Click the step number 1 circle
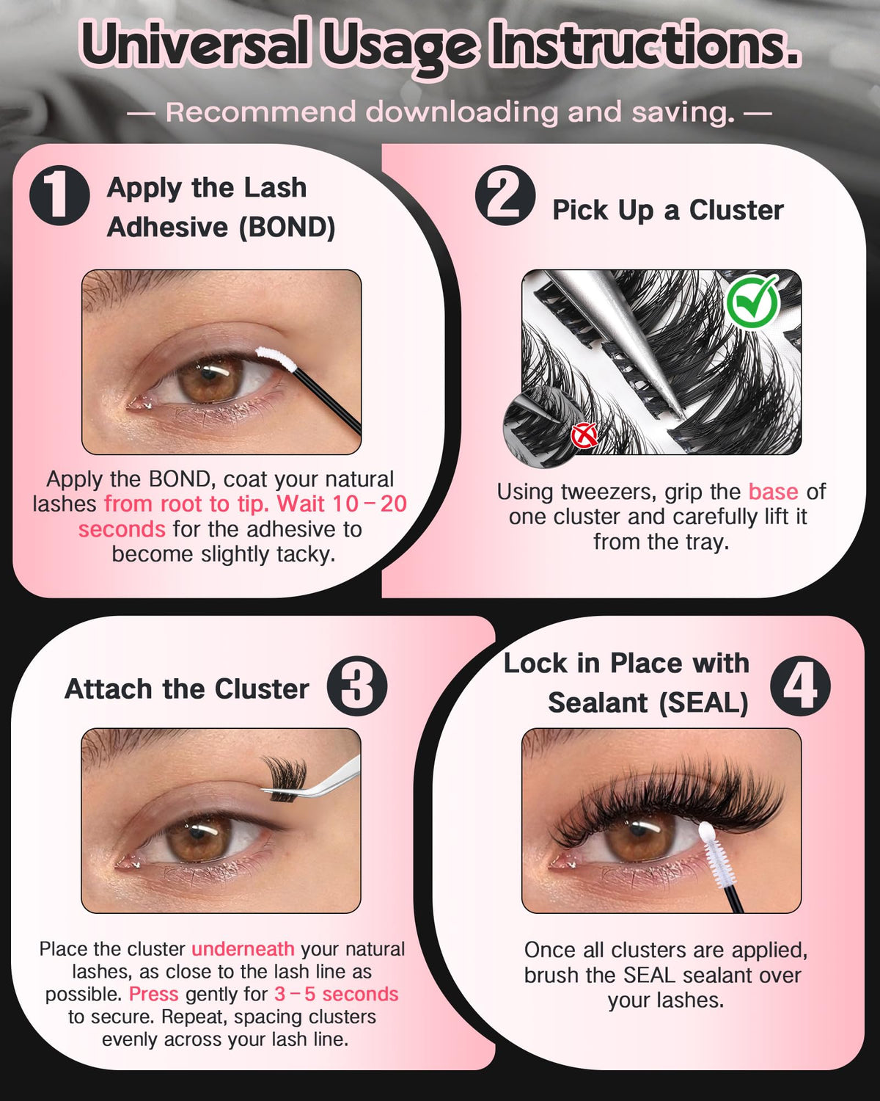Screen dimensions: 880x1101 (x=59, y=195)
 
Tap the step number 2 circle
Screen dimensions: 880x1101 (x=505, y=195)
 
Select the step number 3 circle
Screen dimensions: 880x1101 (x=357, y=686)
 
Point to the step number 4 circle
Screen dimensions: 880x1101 (x=800, y=686)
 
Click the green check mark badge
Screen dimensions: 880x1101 (x=752, y=300)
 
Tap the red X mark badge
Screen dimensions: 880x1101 (x=584, y=436)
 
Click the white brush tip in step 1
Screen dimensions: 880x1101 (x=276, y=358)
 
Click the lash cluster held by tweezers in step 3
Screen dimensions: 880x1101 (x=285, y=779)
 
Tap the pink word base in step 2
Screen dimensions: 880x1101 (x=773, y=492)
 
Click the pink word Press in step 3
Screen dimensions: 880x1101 (x=153, y=994)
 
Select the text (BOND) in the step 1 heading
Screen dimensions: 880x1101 (x=288, y=227)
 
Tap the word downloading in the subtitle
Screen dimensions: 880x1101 (x=462, y=112)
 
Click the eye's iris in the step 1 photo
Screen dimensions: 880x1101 (x=210, y=379)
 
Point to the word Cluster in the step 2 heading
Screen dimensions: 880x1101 (x=736, y=210)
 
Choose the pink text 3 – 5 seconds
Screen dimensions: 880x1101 (x=337, y=994)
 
